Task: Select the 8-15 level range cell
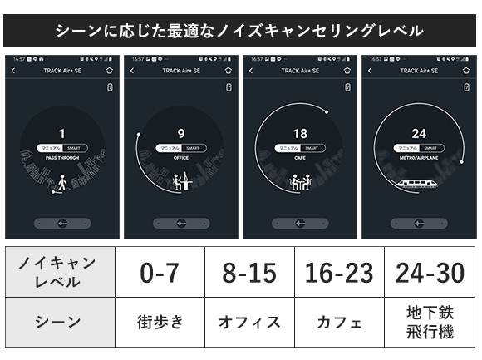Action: point(249,272)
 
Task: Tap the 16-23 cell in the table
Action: point(340,272)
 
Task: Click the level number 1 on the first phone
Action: point(62,133)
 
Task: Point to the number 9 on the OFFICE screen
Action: point(181,133)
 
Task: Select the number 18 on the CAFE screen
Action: point(300,133)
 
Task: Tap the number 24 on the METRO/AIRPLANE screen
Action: point(419,133)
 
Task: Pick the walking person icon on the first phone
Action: point(62,182)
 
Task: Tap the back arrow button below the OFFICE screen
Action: point(181,224)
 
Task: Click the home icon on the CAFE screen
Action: point(347,71)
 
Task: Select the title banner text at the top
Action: point(240,31)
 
